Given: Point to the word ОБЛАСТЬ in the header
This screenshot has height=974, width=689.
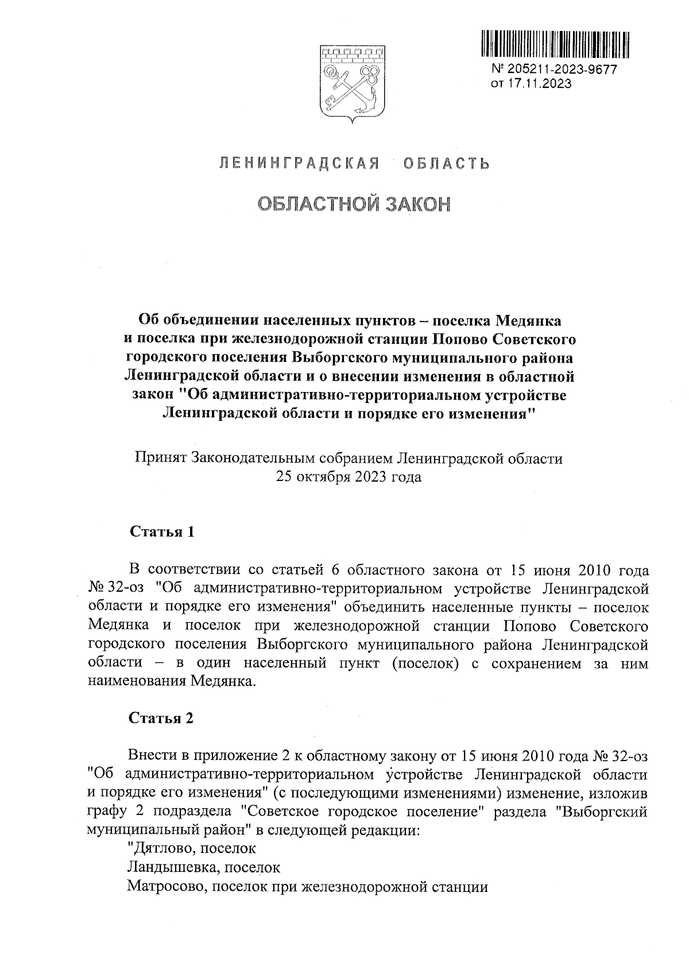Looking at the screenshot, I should [x=446, y=164].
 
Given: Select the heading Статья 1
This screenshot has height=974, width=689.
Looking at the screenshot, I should [x=162, y=531].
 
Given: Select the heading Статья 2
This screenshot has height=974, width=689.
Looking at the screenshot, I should [x=162, y=718].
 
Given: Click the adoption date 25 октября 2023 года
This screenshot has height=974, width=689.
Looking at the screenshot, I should [x=349, y=477].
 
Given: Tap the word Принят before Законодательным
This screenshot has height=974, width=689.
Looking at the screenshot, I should [x=160, y=458].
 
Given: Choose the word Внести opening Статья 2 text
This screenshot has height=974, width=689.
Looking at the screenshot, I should [x=152, y=756].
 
